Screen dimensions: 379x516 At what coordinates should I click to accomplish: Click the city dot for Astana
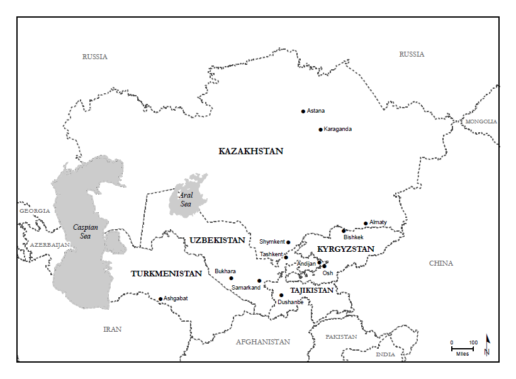coord(303,111)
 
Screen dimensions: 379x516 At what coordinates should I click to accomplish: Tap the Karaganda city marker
coord(320,130)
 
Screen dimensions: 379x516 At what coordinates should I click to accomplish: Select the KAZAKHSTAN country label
coord(250,151)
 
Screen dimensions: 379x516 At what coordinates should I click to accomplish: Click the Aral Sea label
coord(186,200)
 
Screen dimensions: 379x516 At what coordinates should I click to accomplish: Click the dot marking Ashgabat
coord(160,299)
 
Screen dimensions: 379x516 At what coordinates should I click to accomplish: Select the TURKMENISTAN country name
coord(166,274)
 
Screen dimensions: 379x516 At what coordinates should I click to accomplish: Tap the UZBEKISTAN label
coord(217,240)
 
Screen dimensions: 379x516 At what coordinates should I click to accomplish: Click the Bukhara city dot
coord(231,278)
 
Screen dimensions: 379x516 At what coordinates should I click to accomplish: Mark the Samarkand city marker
coord(259,281)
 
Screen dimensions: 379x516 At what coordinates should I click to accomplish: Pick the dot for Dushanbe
coord(281,295)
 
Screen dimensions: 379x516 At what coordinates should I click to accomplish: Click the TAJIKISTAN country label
coord(311,290)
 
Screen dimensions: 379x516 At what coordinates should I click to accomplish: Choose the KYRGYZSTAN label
coord(345,249)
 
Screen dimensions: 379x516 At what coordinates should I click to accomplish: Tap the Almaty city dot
coord(366,223)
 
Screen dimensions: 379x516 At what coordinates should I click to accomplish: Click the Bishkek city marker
coord(344,230)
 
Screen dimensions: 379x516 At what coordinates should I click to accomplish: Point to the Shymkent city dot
coord(288,242)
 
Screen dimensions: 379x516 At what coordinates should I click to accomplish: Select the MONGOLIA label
coord(481,122)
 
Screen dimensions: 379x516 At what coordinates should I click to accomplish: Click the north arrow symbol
coord(486,346)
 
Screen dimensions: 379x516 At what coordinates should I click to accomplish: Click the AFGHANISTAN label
coord(263,342)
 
